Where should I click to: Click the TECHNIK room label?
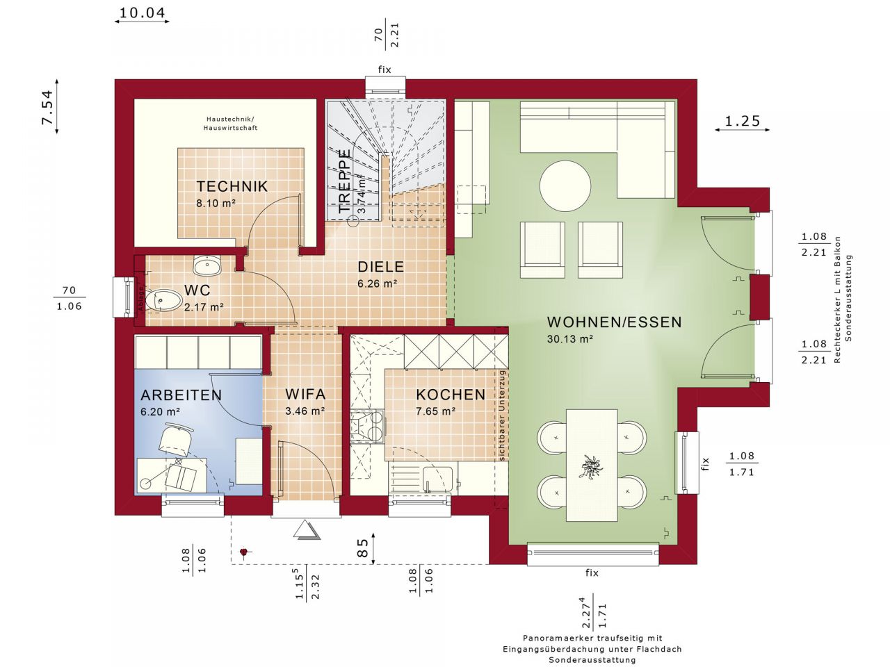(232, 186)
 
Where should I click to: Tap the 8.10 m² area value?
(216, 204)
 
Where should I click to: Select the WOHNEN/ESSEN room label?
(614, 322)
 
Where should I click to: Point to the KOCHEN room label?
(451, 395)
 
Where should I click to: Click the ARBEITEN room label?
(181, 395)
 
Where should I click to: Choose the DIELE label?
(380, 267)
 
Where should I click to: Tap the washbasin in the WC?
(207, 265)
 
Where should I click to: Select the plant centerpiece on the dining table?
(592, 466)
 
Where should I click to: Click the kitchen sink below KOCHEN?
(438, 479)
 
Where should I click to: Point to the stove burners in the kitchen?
(368, 427)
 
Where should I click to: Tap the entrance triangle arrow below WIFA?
(306, 530)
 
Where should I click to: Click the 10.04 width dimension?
(142, 13)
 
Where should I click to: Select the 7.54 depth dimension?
(47, 107)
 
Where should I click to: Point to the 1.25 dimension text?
(742, 121)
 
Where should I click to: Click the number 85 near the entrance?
(362, 549)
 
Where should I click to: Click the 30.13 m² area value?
(570, 340)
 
